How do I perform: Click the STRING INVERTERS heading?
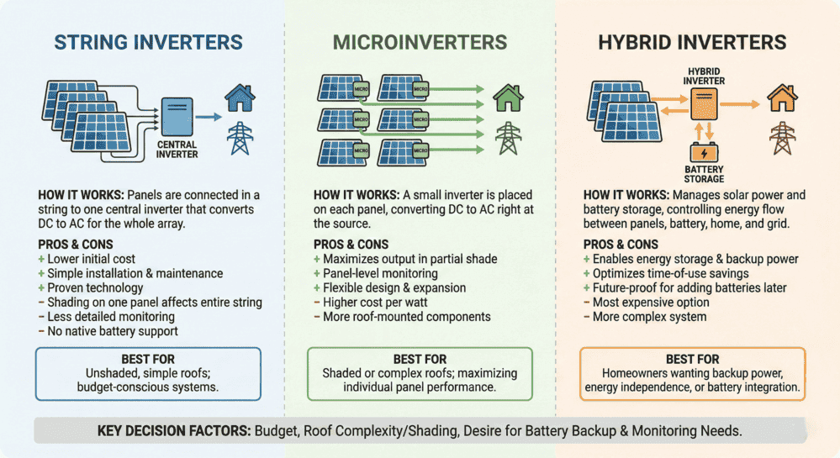(148, 42)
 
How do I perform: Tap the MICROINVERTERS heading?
(420, 42)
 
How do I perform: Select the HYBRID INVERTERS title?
(692, 42)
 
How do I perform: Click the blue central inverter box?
(177, 115)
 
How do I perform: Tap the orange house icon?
(782, 98)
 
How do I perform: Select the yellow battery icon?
(703, 152)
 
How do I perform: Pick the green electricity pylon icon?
(507, 139)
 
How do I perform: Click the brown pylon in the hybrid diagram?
(782, 138)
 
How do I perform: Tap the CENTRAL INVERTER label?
(177, 150)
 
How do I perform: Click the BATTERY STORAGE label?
(704, 173)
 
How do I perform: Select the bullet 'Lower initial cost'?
(91, 259)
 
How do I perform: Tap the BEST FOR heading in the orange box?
(692, 359)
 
